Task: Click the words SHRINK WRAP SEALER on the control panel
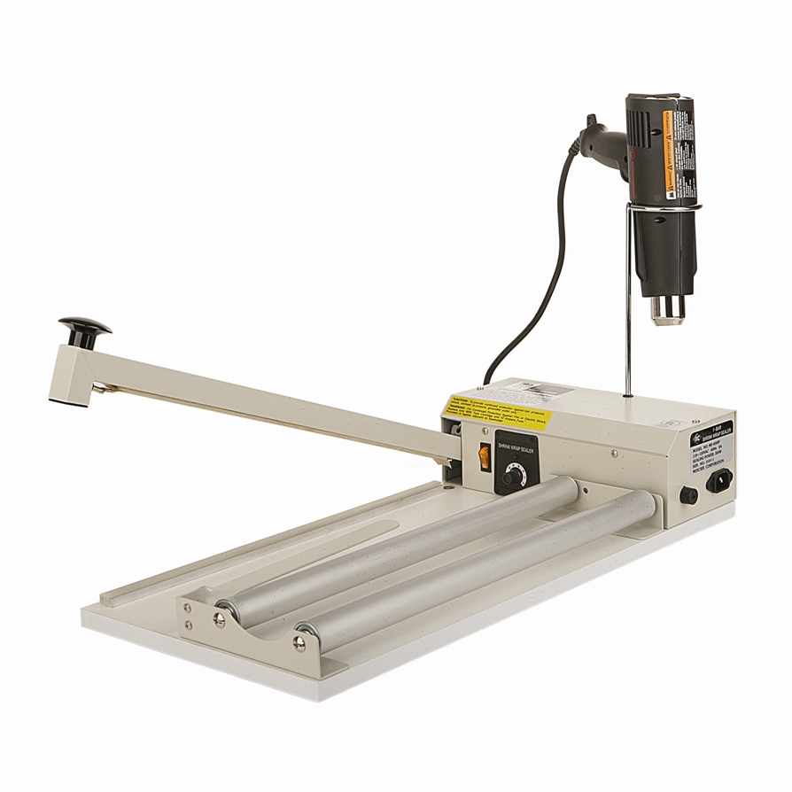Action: tap(516, 447)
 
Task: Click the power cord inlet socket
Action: tap(719, 481)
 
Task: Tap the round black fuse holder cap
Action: tap(688, 495)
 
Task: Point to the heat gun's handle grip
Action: tap(604, 141)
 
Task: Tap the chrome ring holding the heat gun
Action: tap(664, 207)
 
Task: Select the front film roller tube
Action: tap(478, 567)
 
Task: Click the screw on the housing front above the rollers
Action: tap(613, 454)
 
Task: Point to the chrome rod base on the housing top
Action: tap(628, 394)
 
